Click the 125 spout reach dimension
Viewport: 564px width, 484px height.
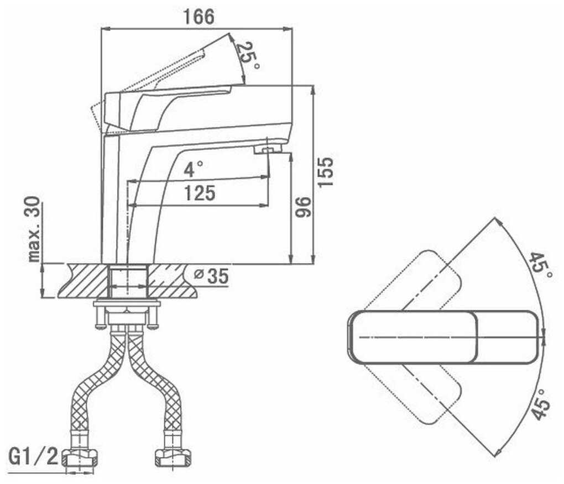pos(199,193)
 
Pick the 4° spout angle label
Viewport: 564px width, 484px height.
pos(193,169)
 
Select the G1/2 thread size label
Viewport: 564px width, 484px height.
pos(33,456)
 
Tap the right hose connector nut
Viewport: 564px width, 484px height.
pos(171,457)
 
